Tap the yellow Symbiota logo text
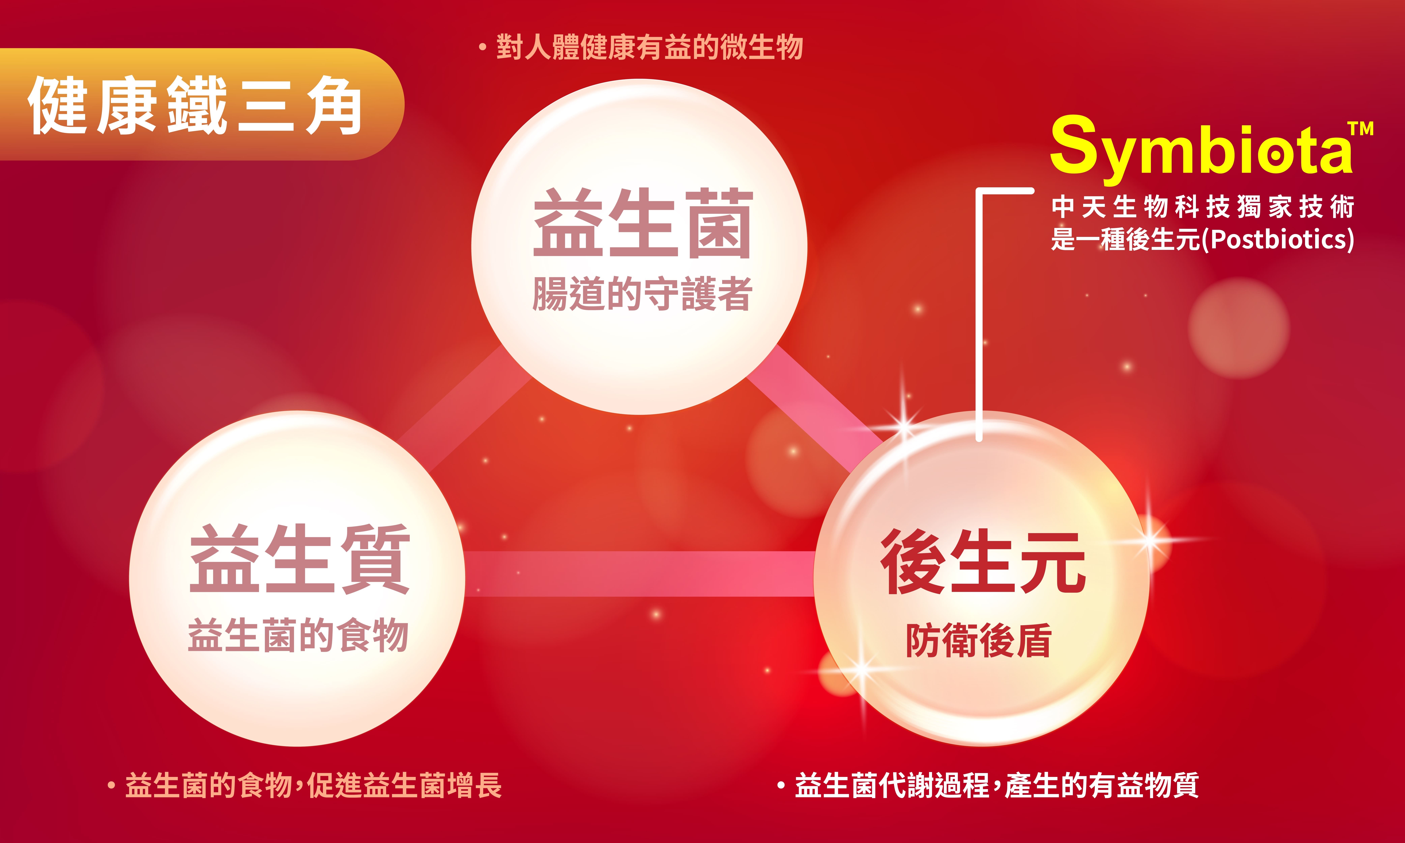click(1201, 147)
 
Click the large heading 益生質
click(299, 558)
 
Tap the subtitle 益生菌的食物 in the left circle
click(298, 635)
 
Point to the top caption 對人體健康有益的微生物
click(649, 47)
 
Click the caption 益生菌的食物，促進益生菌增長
click(313, 786)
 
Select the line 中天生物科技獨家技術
click(1203, 207)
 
